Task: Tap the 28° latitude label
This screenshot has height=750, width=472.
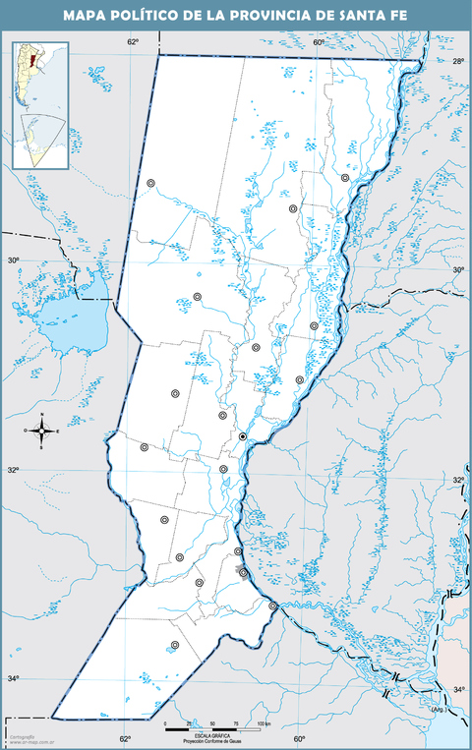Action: coord(457,62)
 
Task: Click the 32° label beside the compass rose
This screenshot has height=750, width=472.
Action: coord(14,471)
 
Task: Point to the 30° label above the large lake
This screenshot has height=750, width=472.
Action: coord(13,260)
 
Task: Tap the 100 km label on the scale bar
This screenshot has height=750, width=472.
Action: coord(263,724)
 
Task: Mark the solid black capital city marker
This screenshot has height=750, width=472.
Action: coord(242,436)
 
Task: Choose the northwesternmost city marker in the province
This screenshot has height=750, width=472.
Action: coord(150,183)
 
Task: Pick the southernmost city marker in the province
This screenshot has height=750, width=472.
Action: coord(175,645)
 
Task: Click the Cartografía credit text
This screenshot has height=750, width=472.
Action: coord(21,736)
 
